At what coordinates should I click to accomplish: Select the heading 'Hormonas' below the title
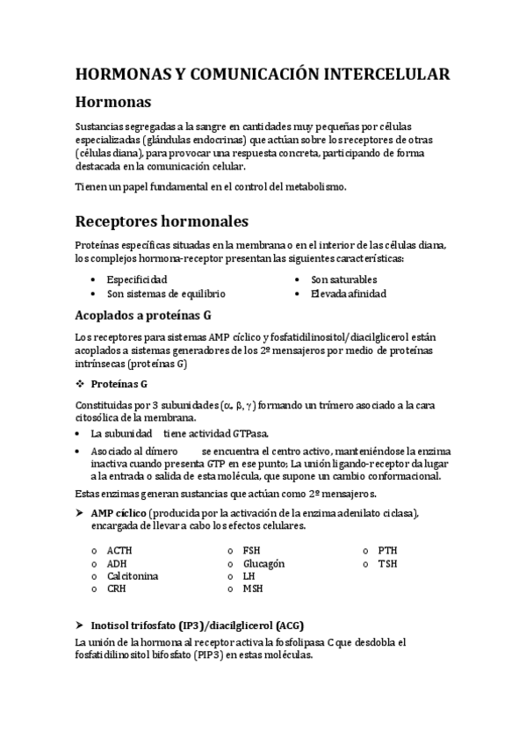click(114, 103)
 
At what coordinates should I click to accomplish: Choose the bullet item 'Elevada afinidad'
click(349, 293)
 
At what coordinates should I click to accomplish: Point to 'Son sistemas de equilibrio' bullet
click(166, 293)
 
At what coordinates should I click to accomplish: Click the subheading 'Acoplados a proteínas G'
click(143, 315)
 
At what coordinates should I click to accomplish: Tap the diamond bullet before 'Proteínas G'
click(80, 383)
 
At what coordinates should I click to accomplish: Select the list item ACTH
click(120, 550)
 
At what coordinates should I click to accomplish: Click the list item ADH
click(117, 563)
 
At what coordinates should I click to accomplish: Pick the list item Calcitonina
click(133, 575)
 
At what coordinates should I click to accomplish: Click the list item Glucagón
click(263, 563)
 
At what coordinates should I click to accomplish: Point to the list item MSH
click(253, 589)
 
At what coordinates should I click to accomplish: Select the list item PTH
click(387, 550)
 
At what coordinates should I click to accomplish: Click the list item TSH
click(387, 563)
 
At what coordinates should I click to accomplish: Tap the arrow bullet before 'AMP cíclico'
click(80, 512)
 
